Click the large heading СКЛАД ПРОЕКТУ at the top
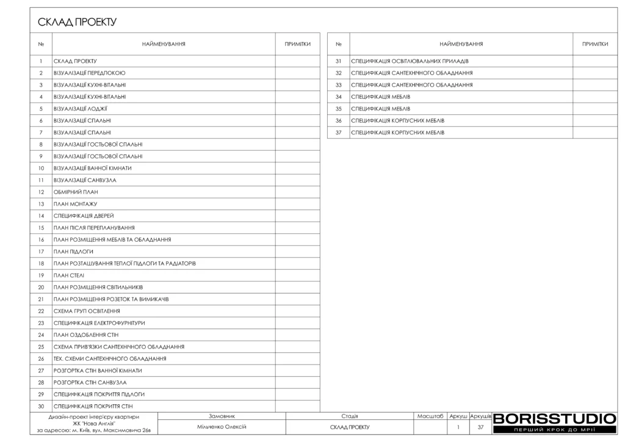point(77,23)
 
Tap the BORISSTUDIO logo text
point(554,419)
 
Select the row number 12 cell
point(41,192)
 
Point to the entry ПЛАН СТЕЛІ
point(68,275)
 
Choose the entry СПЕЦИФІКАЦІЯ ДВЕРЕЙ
point(84,216)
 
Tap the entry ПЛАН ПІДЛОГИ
point(73,252)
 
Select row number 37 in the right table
point(338,132)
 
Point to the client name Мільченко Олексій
point(222,427)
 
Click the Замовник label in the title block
point(222,416)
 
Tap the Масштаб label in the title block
point(430,416)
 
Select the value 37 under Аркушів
point(480,427)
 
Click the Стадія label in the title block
point(350,416)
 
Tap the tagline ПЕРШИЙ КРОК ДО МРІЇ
point(554,430)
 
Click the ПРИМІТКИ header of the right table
point(595,44)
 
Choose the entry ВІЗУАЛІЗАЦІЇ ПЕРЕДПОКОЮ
point(90,73)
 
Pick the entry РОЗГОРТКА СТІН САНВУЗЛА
point(90,382)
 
